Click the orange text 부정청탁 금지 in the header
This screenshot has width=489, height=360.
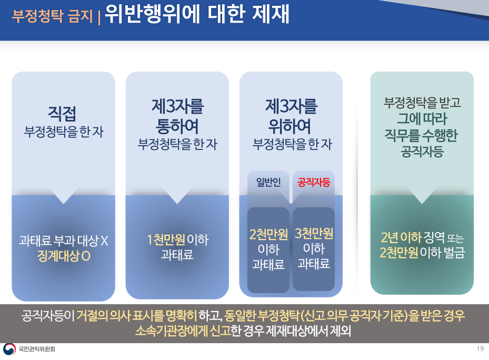coord(53,16)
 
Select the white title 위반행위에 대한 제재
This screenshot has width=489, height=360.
coord(197,14)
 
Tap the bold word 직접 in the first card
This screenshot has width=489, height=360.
coord(62,114)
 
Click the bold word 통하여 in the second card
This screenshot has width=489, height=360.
coord(177,126)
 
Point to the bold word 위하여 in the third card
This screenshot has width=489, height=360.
coord(290,126)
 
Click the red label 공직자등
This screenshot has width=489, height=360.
coord(314,182)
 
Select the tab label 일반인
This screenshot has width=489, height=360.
coord(268,182)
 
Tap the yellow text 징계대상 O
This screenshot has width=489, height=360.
coord(64,256)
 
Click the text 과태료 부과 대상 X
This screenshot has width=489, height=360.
coord(64,241)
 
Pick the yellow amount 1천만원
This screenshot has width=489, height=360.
coord(166,240)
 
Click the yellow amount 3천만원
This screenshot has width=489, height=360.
coord(314,233)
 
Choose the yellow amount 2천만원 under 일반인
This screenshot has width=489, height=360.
coord(268,234)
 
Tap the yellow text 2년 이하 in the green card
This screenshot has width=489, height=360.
coord(401,237)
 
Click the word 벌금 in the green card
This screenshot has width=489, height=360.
coord(455,253)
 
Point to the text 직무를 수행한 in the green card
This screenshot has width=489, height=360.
coord(421,135)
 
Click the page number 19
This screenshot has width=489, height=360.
coord(480,348)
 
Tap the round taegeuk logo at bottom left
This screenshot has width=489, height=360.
coord(9,349)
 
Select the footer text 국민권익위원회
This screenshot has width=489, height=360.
coord(37,349)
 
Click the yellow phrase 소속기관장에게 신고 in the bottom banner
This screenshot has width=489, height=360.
coord(183,331)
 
